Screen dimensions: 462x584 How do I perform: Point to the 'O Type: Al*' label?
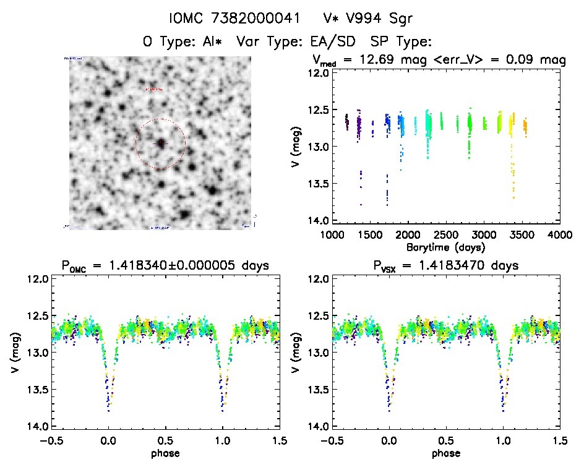[x=182, y=42]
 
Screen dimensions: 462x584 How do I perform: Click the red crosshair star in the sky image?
[x=160, y=143]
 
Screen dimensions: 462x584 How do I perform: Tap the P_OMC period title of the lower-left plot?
[x=165, y=267]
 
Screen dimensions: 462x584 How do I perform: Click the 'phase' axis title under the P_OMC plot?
[x=165, y=453]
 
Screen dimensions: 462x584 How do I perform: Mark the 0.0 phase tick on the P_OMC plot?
[x=108, y=441]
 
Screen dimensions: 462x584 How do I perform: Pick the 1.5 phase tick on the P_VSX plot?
[x=559, y=441]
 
